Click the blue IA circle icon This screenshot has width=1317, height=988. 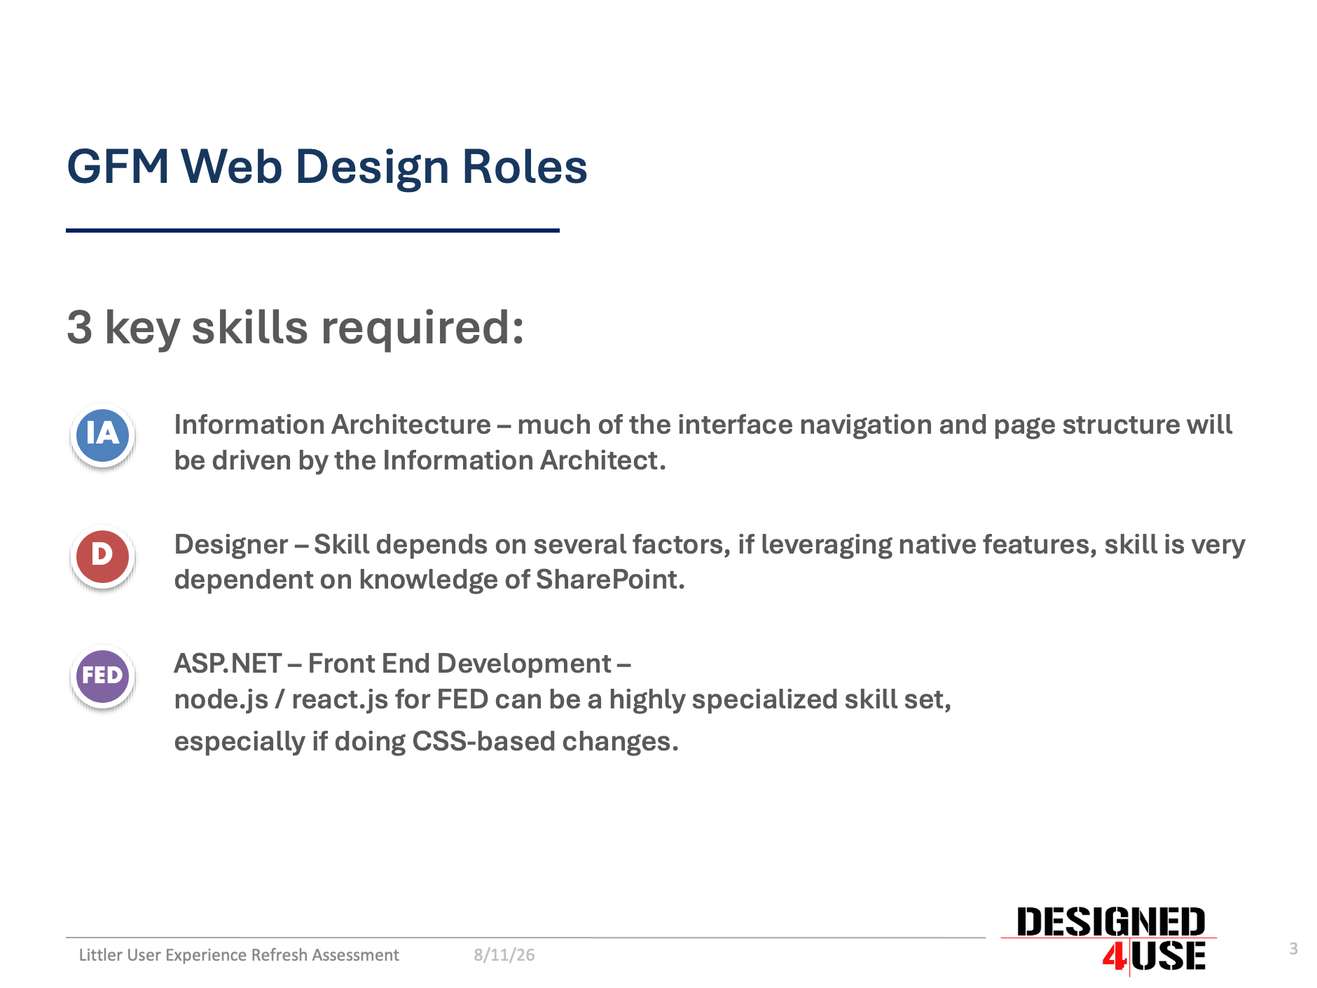[102, 435]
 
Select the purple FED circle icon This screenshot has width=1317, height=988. [102, 676]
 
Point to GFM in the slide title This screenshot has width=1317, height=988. [118, 167]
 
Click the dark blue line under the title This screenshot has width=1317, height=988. [312, 230]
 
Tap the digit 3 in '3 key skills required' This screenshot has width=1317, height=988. [79, 327]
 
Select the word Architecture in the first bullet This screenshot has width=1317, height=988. [411, 425]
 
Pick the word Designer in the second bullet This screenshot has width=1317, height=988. [231, 545]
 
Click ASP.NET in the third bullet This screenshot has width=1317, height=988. [228, 664]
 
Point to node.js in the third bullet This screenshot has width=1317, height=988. [221, 699]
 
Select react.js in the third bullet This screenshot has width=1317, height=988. [340, 699]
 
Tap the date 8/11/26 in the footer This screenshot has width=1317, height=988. [504, 955]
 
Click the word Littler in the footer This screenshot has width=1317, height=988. [100, 955]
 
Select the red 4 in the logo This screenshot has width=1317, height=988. [1114, 956]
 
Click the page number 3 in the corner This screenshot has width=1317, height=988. [1293, 949]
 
